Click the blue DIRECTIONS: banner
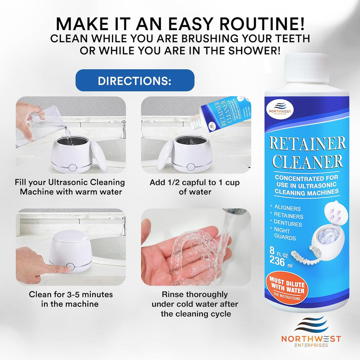click(x=135, y=81)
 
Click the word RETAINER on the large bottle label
click(x=308, y=144)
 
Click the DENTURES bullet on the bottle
click(x=288, y=224)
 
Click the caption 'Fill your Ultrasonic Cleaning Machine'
click(x=70, y=187)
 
